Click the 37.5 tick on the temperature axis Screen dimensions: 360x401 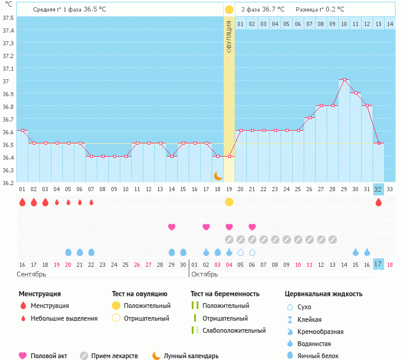pyautogui.click(x=8, y=18)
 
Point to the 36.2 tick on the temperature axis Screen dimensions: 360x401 pyautogui.click(x=8, y=183)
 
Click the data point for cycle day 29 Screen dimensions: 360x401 pyautogui.click(x=344, y=79)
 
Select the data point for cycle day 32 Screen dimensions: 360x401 pyautogui.click(x=379, y=143)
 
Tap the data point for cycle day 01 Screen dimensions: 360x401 pyautogui.click(x=22, y=130)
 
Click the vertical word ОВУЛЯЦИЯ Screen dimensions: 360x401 pyautogui.click(x=229, y=36)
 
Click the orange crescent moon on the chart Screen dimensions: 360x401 pyautogui.click(x=218, y=175)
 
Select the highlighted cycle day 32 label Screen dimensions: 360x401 pyautogui.click(x=379, y=189)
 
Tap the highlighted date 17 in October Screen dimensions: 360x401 pyautogui.click(x=379, y=264)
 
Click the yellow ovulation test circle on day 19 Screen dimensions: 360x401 pyautogui.click(x=229, y=202)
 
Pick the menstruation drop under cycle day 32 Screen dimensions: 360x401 pyautogui.click(x=379, y=202)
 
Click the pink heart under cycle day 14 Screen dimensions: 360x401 pyautogui.click(x=172, y=227)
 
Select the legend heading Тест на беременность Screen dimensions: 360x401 pyautogui.click(x=224, y=294)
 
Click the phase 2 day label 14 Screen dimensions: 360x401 pyautogui.click(x=390, y=24)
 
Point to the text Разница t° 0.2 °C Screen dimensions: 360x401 pyautogui.click(x=320, y=10)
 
